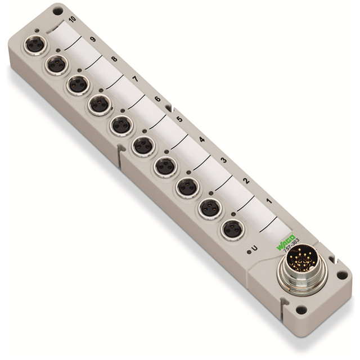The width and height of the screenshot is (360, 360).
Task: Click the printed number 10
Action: [x=71, y=21]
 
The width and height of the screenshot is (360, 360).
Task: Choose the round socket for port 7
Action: [x=99, y=104]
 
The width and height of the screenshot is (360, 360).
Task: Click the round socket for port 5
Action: [x=143, y=145]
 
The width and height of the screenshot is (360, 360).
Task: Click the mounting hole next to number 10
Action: [x=58, y=11]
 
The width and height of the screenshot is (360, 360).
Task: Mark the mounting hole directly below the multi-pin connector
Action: [x=302, y=309]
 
